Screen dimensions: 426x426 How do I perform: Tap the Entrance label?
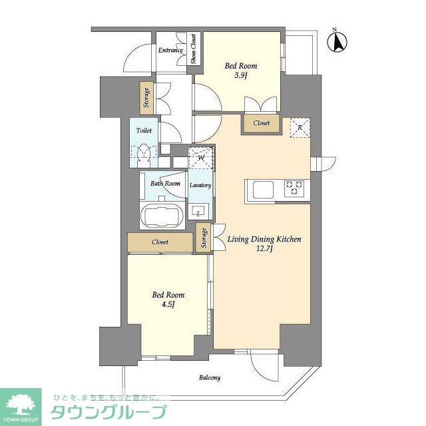pyautogui.click(x=170, y=50)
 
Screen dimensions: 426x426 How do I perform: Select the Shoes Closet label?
pyautogui.click(x=194, y=49)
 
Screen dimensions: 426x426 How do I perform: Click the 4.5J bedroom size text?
pyautogui.click(x=167, y=306)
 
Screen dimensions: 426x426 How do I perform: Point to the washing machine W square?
pyautogui.click(x=200, y=158)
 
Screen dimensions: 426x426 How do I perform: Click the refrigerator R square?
pyautogui.click(x=300, y=127)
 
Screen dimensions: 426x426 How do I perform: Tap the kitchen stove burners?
pyautogui.click(x=294, y=188)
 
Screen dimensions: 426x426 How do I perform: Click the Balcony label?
pyautogui.click(x=209, y=377)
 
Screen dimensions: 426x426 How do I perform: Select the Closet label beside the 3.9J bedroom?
pyautogui.click(x=261, y=123)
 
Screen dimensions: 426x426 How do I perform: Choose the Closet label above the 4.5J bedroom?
pyautogui.click(x=160, y=242)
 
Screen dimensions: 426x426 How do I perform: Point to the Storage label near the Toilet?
pyautogui.click(x=146, y=98)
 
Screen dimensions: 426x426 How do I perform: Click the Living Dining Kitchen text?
pyautogui.click(x=265, y=239)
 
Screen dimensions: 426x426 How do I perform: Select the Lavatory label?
pyautogui.click(x=200, y=185)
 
